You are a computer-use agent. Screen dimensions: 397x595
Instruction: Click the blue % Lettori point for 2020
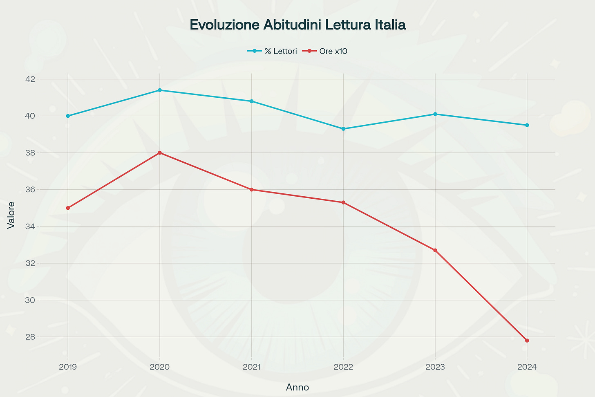tap(159, 90)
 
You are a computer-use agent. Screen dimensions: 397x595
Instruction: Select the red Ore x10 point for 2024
tap(527, 341)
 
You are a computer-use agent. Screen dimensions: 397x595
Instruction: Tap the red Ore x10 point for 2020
tap(159, 153)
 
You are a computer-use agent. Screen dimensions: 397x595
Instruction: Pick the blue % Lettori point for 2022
tap(343, 129)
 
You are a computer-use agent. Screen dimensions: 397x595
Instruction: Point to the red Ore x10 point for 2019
tap(68, 208)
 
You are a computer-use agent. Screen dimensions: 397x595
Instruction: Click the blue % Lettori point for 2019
tap(68, 116)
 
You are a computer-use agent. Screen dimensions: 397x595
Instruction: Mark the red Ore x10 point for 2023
tap(435, 250)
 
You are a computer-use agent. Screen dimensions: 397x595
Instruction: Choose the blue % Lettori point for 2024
tap(527, 125)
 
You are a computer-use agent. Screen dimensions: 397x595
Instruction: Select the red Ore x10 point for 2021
tap(251, 190)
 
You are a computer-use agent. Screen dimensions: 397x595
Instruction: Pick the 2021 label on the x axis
tap(251, 367)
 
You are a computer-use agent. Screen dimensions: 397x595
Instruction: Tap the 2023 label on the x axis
tap(435, 367)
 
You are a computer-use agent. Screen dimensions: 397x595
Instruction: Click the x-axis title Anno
tap(297, 387)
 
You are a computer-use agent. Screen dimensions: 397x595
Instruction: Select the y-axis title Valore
tap(11, 215)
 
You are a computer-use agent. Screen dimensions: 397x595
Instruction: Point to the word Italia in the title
tap(390, 25)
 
